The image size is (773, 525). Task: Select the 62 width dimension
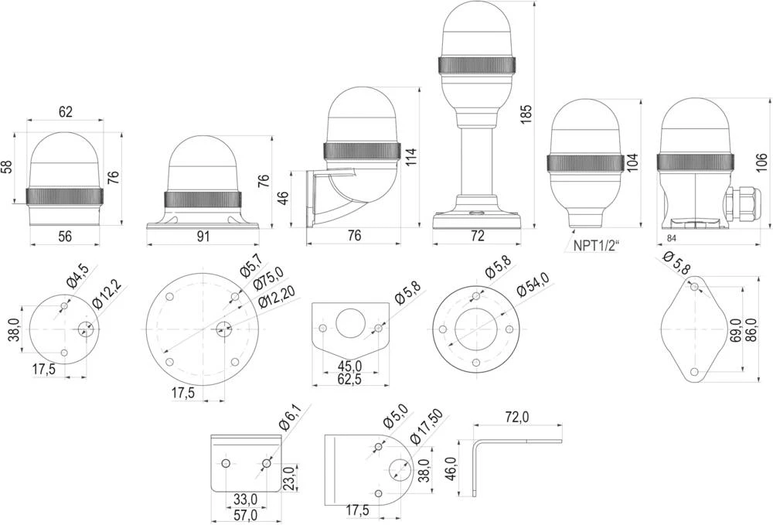pyautogui.click(x=65, y=111)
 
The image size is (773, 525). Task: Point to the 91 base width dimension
pyautogui.click(x=203, y=237)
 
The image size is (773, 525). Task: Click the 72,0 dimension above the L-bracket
pyautogui.click(x=516, y=417)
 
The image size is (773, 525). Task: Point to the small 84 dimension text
pyautogui.click(x=671, y=237)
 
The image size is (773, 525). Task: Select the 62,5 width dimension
pyautogui.click(x=350, y=379)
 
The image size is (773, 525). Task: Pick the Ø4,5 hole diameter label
pyautogui.click(x=78, y=276)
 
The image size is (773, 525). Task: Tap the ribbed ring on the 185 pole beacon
pyautogui.click(x=477, y=65)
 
